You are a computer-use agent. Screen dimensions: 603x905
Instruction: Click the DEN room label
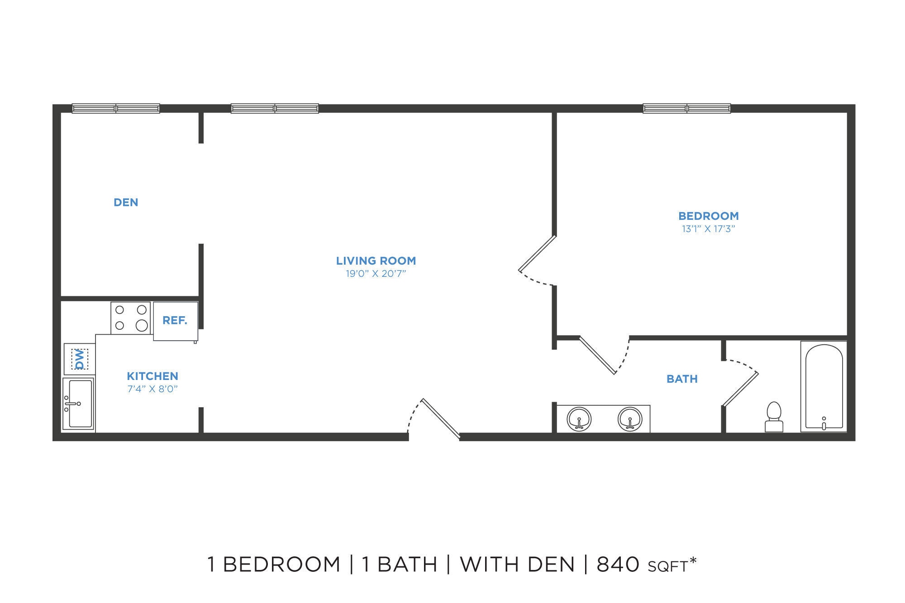[x=126, y=202]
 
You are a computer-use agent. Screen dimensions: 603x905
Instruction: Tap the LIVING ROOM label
[x=376, y=261]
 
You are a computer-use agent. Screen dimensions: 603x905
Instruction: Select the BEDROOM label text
[x=708, y=216]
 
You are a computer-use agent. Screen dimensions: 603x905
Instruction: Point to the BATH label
[x=682, y=379]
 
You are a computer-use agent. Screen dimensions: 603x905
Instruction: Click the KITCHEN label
[x=152, y=376]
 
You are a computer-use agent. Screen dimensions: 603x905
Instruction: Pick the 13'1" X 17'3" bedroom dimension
[x=708, y=229]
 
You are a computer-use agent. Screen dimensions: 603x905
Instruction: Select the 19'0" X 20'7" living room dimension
[x=376, y=274]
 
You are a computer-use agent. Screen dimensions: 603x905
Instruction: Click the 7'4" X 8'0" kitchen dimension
[x=152, y=389]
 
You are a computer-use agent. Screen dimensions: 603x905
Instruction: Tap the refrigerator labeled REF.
[x=176, y=321]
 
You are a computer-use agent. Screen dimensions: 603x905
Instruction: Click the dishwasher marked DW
[x=80, y=359]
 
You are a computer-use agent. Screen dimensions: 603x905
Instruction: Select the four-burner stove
[x=131, y=318]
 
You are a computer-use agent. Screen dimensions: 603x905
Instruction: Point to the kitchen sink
[x=79, y=404]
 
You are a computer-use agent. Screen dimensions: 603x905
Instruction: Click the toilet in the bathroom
[x=774, y=417]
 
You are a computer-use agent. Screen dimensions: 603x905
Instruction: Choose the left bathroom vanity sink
[x=579, y=419]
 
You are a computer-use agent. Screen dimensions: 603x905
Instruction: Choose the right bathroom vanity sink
[x=630, y=419]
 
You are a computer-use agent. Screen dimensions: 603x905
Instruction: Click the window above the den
[x=116, y=109]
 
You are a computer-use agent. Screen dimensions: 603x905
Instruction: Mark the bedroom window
[x=686, y=109]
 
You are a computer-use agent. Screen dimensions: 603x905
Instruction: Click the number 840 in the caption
[x=618, y=564]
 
